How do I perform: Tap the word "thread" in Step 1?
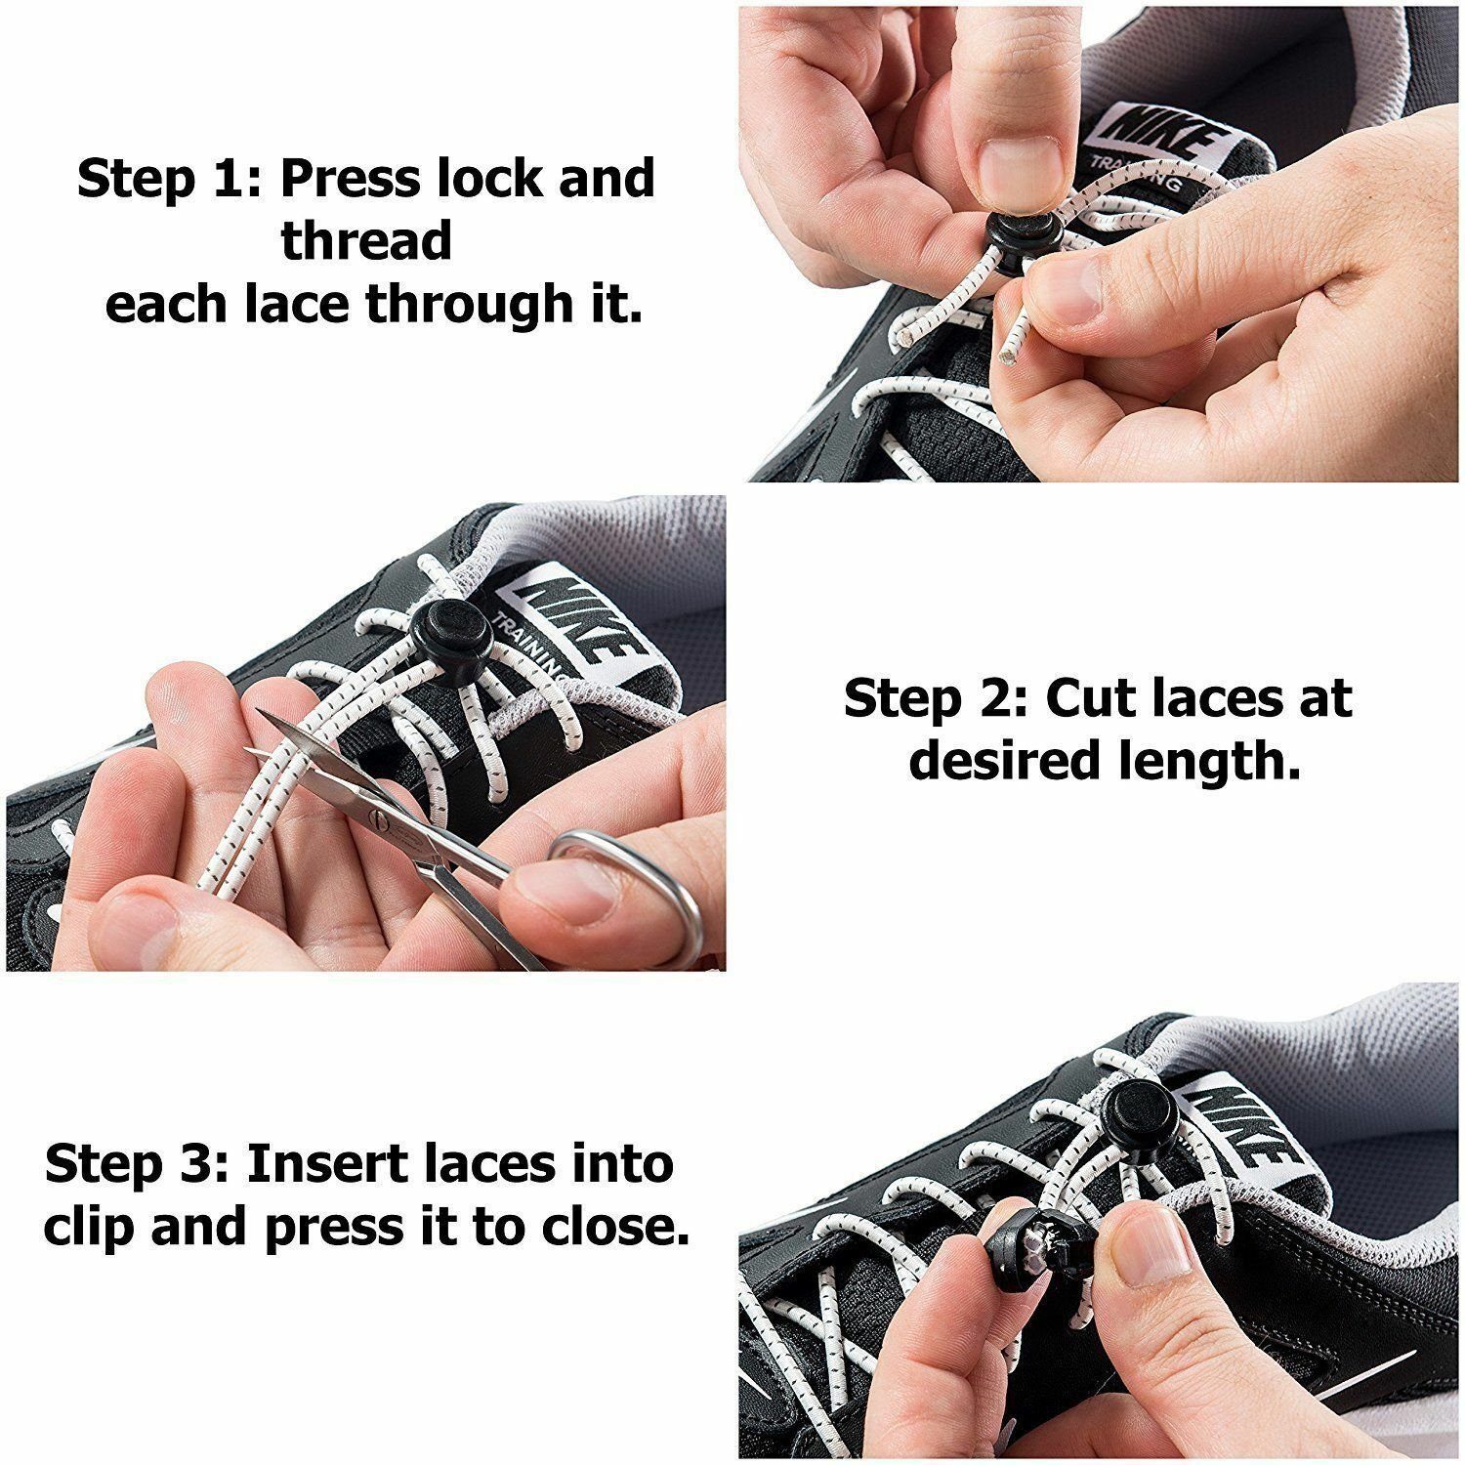click(x=367, y=240)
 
